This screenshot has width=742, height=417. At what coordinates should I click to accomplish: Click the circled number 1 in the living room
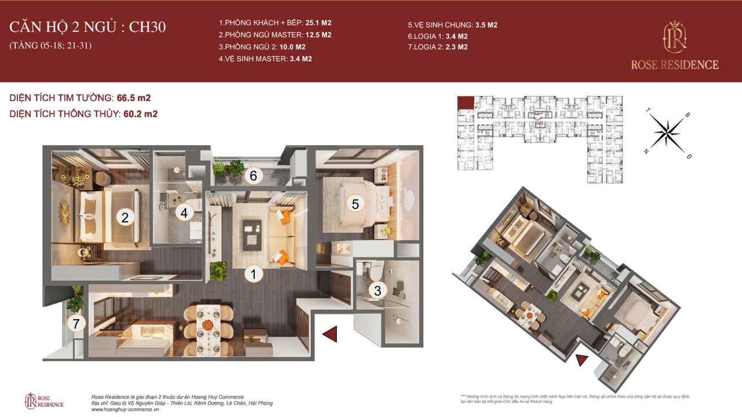[253, 274]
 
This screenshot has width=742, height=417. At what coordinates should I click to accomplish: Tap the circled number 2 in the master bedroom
[124, 218]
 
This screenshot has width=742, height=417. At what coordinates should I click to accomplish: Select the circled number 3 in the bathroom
[377, 290]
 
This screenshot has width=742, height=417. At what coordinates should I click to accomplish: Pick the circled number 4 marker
[184, 213]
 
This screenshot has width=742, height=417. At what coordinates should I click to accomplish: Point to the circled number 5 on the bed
[355, 203]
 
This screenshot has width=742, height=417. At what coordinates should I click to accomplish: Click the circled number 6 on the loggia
[253, 175]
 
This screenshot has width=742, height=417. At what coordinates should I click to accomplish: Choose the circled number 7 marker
[76, 324]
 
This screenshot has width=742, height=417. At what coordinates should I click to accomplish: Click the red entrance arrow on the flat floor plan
[329, 334]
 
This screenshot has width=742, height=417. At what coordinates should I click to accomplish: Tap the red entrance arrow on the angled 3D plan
[581, 360]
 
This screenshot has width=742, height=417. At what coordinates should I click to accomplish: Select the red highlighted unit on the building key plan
[465, 103]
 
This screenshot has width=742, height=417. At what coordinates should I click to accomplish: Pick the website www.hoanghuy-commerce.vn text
[125, 409]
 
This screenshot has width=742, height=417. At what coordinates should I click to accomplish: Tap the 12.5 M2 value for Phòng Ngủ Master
[318, 35]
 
